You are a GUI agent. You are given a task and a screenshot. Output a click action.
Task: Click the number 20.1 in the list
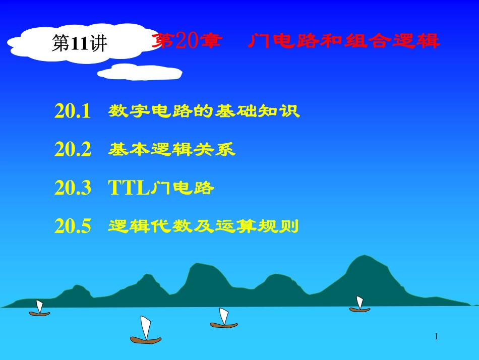click(x=73, y=111)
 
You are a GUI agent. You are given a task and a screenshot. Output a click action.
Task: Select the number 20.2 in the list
click(x=73, y=150)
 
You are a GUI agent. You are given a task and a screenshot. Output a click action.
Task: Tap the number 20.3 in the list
click(x=73, y=189)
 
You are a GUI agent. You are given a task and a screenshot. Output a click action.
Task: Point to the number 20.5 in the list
click(x=73, y=227)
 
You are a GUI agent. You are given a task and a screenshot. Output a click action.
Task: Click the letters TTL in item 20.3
click(x=129, y=189)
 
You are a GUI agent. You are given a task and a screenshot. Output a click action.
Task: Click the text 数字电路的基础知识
click(x=204, y=111)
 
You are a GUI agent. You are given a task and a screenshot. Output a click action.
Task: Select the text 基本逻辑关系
click(x=171, y=150)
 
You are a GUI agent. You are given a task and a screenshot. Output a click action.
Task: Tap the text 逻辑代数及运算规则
click(x=204, y=227)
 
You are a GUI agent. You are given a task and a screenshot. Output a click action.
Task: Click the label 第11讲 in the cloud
click(x=80, y=44)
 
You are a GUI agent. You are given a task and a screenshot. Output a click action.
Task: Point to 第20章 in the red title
click(x=186, y=41)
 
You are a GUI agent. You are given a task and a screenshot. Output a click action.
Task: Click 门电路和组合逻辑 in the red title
click(x=344, y=41)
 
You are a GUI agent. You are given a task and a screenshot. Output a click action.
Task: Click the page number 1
click(x=437, y=336)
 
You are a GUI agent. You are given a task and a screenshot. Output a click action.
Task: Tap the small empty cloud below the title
click(x=140, y=73)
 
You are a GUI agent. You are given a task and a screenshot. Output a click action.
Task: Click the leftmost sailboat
click(x=39, y=309)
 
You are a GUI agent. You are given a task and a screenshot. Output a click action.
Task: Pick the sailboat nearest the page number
click(x=360, y=305)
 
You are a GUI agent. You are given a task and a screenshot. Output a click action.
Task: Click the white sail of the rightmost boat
click(x=360, y=302)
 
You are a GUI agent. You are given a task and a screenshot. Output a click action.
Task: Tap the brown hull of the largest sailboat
click(x=146, y=340)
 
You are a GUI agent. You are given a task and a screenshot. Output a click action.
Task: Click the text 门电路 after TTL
click(x=183, y=189)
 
